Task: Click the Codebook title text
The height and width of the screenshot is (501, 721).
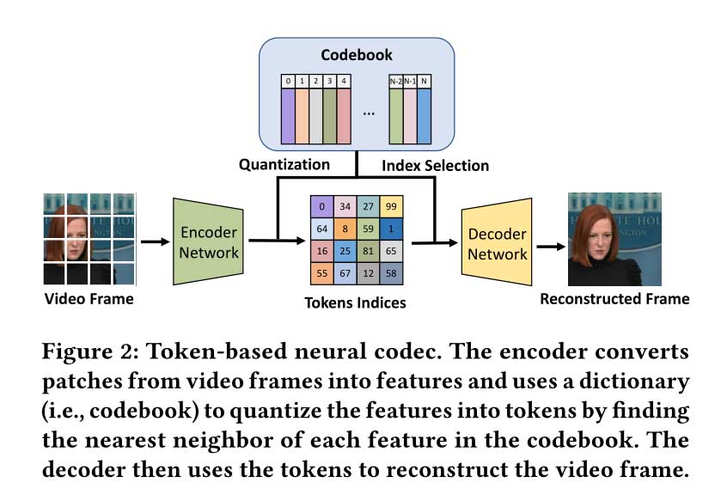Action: (356, 55)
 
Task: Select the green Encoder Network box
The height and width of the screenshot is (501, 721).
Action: (208, 241)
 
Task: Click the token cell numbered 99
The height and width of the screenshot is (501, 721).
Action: (392, 207)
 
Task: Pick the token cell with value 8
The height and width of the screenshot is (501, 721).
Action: (345, 229)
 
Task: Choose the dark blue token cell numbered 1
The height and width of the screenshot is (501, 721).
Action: (392, 229)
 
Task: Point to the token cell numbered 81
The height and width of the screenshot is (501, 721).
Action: (369, 251)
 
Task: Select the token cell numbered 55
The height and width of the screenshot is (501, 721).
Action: (322, 272)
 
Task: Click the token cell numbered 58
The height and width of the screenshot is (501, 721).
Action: (392, 272)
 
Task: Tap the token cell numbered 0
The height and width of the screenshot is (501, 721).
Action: (322, 207)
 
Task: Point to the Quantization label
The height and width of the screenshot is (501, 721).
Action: (284, 164)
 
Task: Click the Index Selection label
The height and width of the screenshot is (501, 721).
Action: (435, 165)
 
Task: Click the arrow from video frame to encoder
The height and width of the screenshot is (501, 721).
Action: (154, 241)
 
